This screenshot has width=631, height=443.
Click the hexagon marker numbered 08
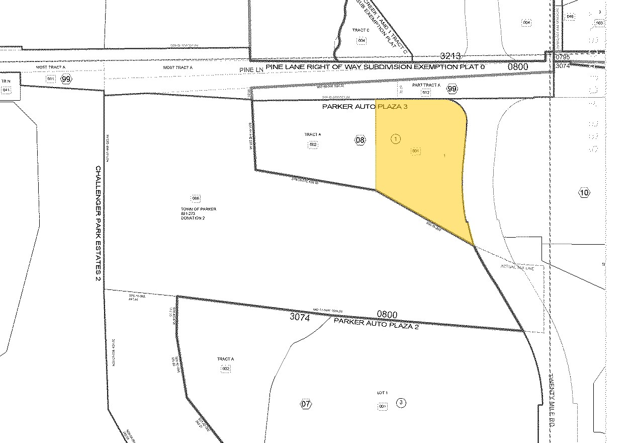tap(360, 140)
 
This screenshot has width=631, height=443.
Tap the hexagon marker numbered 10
tap(584, 192)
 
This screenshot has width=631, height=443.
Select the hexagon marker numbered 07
tap(306, 404)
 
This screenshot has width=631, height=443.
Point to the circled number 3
tap(401, 403)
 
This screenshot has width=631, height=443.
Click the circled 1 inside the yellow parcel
tap(396, 139)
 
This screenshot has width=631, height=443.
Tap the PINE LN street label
tap(252, 68)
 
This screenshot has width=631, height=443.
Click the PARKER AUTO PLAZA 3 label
tap(365, 107)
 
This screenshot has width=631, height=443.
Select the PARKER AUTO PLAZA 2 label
tap(377, 323)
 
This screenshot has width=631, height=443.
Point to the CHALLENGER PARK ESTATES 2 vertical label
tap(98, 224)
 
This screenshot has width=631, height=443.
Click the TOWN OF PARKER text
tap(192, 209)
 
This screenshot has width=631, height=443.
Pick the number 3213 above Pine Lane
tap(450, 56)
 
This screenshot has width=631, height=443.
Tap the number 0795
tap(562, 58)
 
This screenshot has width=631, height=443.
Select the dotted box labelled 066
tap(196, 198)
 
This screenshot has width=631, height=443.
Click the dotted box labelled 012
tap(426, 92)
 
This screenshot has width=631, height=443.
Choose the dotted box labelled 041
tap(6, 90)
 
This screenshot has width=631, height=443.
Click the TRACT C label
tap(361, 31)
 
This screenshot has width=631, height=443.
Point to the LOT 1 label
tap(382, 393)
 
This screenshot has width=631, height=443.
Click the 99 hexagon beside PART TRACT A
tap(453, 89)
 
